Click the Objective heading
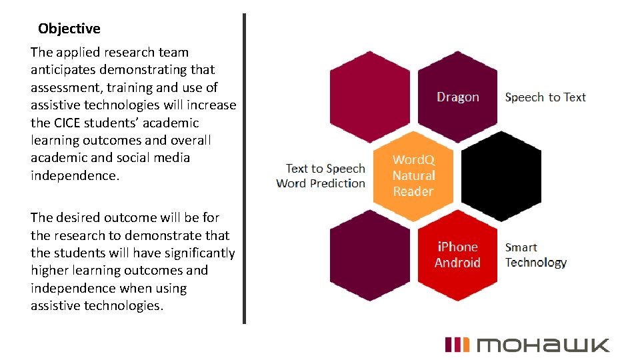pyautogui.click(x=69, y=29)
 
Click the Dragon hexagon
pyautogui.click(x=458, y=97)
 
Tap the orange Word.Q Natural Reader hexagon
pyautogui.click(x=413, y=175)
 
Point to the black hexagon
pyautogui.click(x=501, y=175)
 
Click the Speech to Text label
pyautogui.click(x=545, y=97)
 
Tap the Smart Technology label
pyautogui.click(x=535, y=255)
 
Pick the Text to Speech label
pyautogui.click(x=325, y=169)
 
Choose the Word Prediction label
pyautogui.click(x=321, y=183)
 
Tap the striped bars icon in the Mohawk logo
pyautogui.click(x=457, y=345)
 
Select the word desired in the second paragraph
pyautogui.click(x=76, y=218)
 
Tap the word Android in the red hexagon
pyautogui.click(x=457, y=262)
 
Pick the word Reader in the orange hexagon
pyautogui.click(x=413, y=191)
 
